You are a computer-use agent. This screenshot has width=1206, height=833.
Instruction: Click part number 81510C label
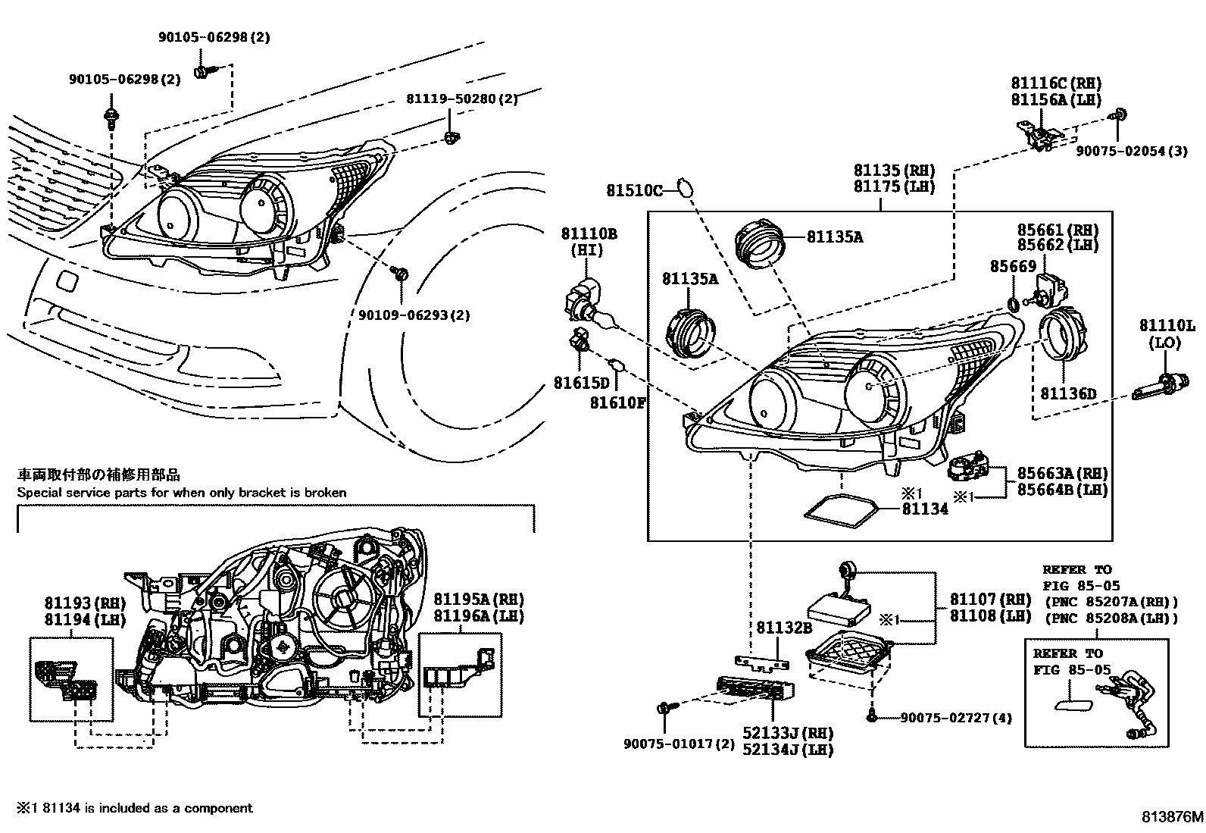[634, 190]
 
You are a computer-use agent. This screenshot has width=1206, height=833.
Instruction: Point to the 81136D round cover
[1060, 338]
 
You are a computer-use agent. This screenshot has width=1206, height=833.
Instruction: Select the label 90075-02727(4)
[956, 717]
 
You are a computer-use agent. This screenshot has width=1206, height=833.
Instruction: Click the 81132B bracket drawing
[761, 662]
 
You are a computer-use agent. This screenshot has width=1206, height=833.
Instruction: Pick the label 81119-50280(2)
[462, 99]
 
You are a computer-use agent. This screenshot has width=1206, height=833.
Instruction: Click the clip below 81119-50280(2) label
[451, 137]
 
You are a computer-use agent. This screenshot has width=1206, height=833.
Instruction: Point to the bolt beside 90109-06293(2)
[401, 274]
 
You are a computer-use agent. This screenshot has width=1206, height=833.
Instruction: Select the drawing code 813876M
[1171, 817]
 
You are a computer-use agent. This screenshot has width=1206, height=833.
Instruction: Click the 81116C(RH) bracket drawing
[1039, 136]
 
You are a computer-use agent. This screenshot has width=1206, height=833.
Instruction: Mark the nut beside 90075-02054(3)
[1118, 116]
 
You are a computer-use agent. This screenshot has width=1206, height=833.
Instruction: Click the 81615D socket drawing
[580, 343]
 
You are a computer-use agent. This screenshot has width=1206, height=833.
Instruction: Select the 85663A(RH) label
[1062, 474]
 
